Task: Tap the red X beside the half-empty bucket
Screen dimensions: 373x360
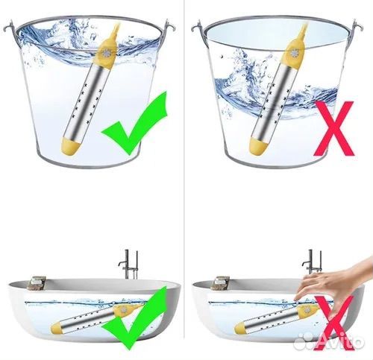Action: click(334, 129)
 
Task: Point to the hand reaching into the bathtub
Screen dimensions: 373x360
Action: click(330, 285)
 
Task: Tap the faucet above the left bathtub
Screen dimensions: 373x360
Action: click(129, 264)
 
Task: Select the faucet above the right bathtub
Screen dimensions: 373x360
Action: click(313, 263)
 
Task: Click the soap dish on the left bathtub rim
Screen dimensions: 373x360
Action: click(36, 283)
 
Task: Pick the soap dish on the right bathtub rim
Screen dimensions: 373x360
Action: click(220, 283)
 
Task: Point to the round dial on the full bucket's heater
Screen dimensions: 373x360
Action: click(107, 53)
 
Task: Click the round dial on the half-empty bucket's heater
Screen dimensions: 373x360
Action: click(295, 53)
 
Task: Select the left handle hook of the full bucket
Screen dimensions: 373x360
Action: click(10, 27)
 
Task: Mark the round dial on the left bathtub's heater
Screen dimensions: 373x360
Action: click(123, 310)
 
